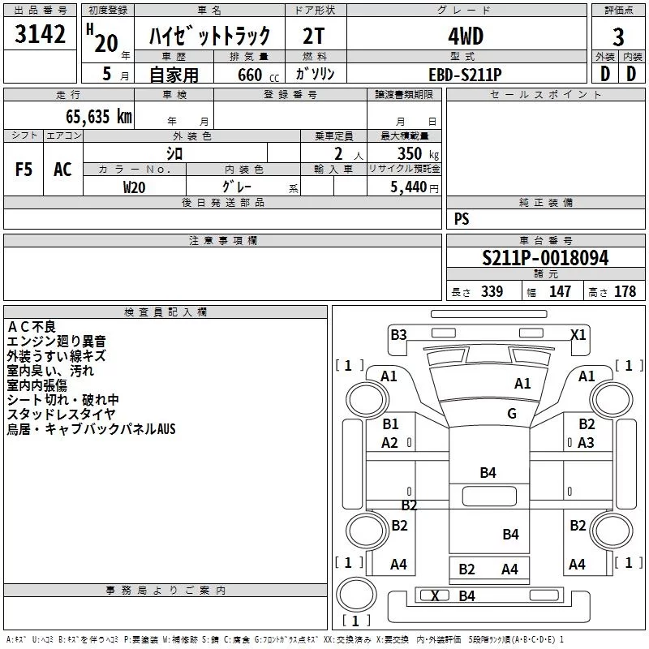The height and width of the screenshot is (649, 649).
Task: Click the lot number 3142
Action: [x=40, y=35]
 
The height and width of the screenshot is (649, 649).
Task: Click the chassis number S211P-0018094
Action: [x=544, y=258]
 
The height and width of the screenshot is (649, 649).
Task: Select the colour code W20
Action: [x=135, y=187]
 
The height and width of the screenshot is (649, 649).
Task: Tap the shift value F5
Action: [x=24, y=170]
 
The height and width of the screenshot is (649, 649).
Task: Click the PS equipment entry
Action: [x=462, y=219]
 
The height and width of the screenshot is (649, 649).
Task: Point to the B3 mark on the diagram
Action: [x=398, y=334]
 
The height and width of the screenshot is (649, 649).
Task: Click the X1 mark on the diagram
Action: [x=578, y=334]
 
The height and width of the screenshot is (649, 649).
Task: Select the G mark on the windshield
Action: [x=512, y=414]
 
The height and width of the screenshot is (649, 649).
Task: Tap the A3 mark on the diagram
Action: [x=587, y=442]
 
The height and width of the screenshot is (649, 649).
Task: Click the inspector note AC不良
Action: [x=32, y=326]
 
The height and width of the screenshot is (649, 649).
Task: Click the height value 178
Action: [x=625, y=292]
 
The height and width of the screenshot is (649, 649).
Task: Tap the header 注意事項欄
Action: [x=223, y=241]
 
